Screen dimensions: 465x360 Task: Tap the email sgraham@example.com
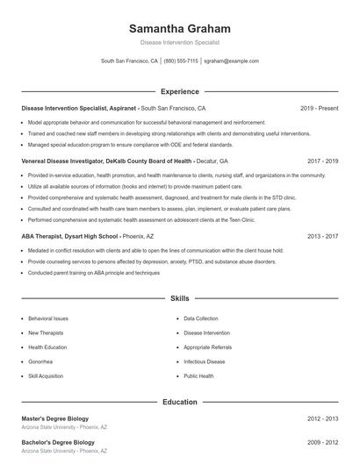(x=231, y=61)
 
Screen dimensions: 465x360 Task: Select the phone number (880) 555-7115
(x=181, y=61)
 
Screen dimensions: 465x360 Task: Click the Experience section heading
(x=180, y=91)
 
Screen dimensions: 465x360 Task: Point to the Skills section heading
(x=180, y=299)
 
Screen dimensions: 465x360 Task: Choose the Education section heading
(x=180, y=402)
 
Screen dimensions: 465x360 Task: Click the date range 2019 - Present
(x=319, y=108)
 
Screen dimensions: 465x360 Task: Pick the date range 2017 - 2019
(x=322, y=161)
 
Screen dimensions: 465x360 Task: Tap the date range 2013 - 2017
(x=322, y=236)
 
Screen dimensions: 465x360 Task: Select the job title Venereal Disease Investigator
(x=58, y=161)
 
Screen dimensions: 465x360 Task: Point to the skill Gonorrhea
(x=40, y=361)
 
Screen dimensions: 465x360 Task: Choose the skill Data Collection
(x=201, y=318)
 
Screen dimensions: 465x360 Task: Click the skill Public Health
(x=198, y=376)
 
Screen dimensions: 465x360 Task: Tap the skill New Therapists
(x=46, y=333)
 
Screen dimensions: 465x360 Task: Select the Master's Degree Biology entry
(x=54, y=418)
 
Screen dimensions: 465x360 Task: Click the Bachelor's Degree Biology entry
(x=58, y=442)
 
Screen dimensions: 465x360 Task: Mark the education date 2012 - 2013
(x=322, y=418)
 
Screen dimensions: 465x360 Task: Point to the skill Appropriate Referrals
(x=209, y=347)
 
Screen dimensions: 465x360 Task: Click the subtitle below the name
(x=179, y=42)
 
